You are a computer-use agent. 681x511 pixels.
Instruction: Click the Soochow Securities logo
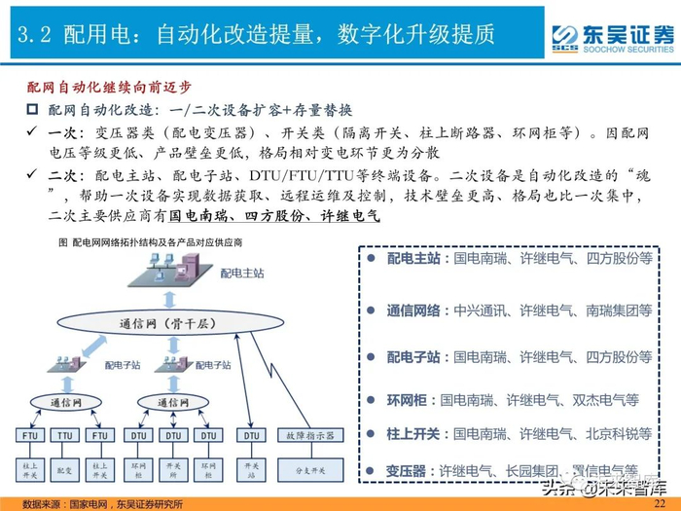tap(612, 37)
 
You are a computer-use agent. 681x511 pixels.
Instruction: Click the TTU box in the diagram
tap(64, 437)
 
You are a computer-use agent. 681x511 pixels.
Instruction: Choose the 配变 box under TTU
tap(64, 469)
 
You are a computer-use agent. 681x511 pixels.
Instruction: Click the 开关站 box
tap(251, 469)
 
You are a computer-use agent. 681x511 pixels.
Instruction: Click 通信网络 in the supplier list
tap(414, 310)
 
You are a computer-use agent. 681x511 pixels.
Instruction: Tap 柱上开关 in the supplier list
tap(409, 432)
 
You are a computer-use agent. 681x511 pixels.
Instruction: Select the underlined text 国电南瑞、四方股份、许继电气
tap(274, 217)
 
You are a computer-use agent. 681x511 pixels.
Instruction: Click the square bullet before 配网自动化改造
tap(31, 109)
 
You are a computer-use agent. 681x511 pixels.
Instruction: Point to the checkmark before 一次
tap(31, 131)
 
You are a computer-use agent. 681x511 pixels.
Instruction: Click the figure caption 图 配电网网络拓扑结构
tap(151, 240)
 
